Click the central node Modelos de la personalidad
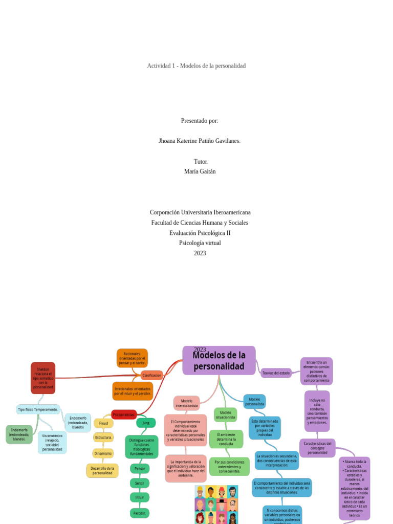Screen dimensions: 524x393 [x=219, y=360]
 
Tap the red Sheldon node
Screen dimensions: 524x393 [x=43, y=378]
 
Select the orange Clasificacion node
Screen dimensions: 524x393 [x=151, y=375]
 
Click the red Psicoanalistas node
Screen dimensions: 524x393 [x=124, y=414]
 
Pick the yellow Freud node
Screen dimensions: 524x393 [x=103, y=423]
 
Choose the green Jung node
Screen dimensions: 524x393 [x=146, y=423]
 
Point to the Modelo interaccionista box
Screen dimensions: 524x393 [x=186, y=403]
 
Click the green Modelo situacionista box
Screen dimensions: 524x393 [x=225, y=414]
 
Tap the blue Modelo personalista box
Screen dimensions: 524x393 [x=254, y=401]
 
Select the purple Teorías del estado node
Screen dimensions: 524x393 [x=276, y=373]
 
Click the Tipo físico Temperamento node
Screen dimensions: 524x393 [x=38, y=409]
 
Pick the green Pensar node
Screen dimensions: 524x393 [x=140, y=468]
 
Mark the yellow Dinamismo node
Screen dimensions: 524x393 [x=103, y=453]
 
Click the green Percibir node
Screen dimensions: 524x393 [x=140, y=513]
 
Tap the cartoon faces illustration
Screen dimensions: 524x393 [x=216, y=505]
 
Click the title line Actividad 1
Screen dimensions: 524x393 [x=196, y=66]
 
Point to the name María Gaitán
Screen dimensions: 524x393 [x=200, y=171]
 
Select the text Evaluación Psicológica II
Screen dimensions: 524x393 [x=200, y=233]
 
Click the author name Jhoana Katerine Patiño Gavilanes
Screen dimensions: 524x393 [x=200, y=141]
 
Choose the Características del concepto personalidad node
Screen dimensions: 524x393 [x=317, y=448]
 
